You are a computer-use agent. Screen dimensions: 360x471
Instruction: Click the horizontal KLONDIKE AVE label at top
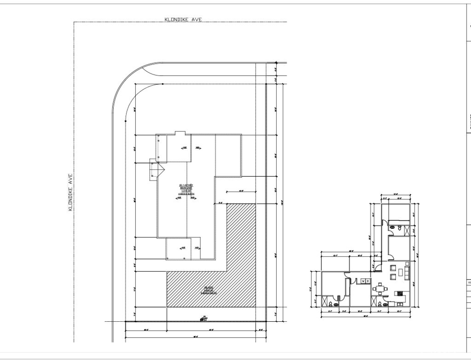click(183, 19)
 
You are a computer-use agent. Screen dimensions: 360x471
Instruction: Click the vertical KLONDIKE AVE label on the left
click(70, 192)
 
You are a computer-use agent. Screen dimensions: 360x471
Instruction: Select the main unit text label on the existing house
click(187, 190)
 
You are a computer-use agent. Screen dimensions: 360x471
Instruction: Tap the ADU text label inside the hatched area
click(208, 291)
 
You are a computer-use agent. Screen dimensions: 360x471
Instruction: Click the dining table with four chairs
click(380, 290)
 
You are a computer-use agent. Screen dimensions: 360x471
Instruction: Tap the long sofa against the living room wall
click(407, 272)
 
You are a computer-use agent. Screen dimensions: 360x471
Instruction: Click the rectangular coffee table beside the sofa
click(400, 272)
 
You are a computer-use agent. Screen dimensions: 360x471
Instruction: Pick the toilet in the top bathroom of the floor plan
click(401, 227)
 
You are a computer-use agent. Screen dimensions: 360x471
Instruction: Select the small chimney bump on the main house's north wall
click(180, 134)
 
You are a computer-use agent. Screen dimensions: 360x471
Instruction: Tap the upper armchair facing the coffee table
click(392, 267)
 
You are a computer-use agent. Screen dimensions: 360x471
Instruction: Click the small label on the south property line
click(204, 318)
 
